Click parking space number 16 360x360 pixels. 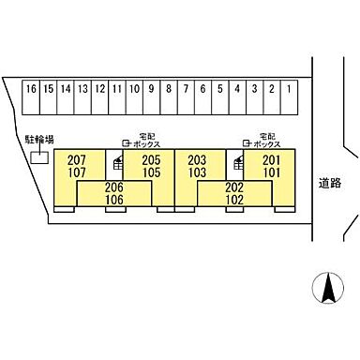tap(32, 90)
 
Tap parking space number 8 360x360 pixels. tap(168, 90)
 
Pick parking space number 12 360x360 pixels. tap(99, 90)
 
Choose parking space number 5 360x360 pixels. tap(219, 90)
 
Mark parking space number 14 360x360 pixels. tap(66, 90)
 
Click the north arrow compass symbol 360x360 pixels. tap(327, 286)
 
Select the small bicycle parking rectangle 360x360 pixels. tap(39, 157)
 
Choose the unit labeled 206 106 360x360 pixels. tap(114, 193)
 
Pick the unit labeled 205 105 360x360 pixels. tap(151, 166)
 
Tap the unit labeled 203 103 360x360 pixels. tap(198, 166)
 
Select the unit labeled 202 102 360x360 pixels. tap(234, 193)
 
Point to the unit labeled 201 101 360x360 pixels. tap(272, 166)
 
